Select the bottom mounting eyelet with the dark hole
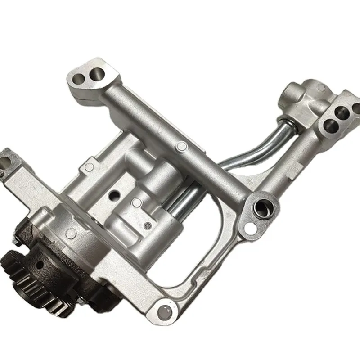pyautogui.click(x=165, y=310)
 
